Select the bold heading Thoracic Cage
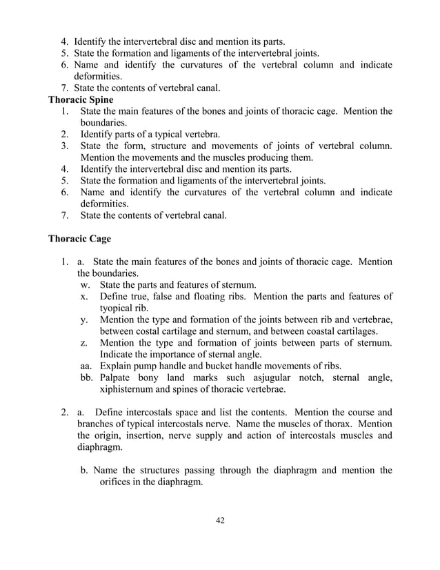[79, 239]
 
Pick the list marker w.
[84, 284]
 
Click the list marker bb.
[86, 377]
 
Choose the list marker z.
[83, 343]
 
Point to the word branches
[98, 424]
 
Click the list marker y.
[83, 320]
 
